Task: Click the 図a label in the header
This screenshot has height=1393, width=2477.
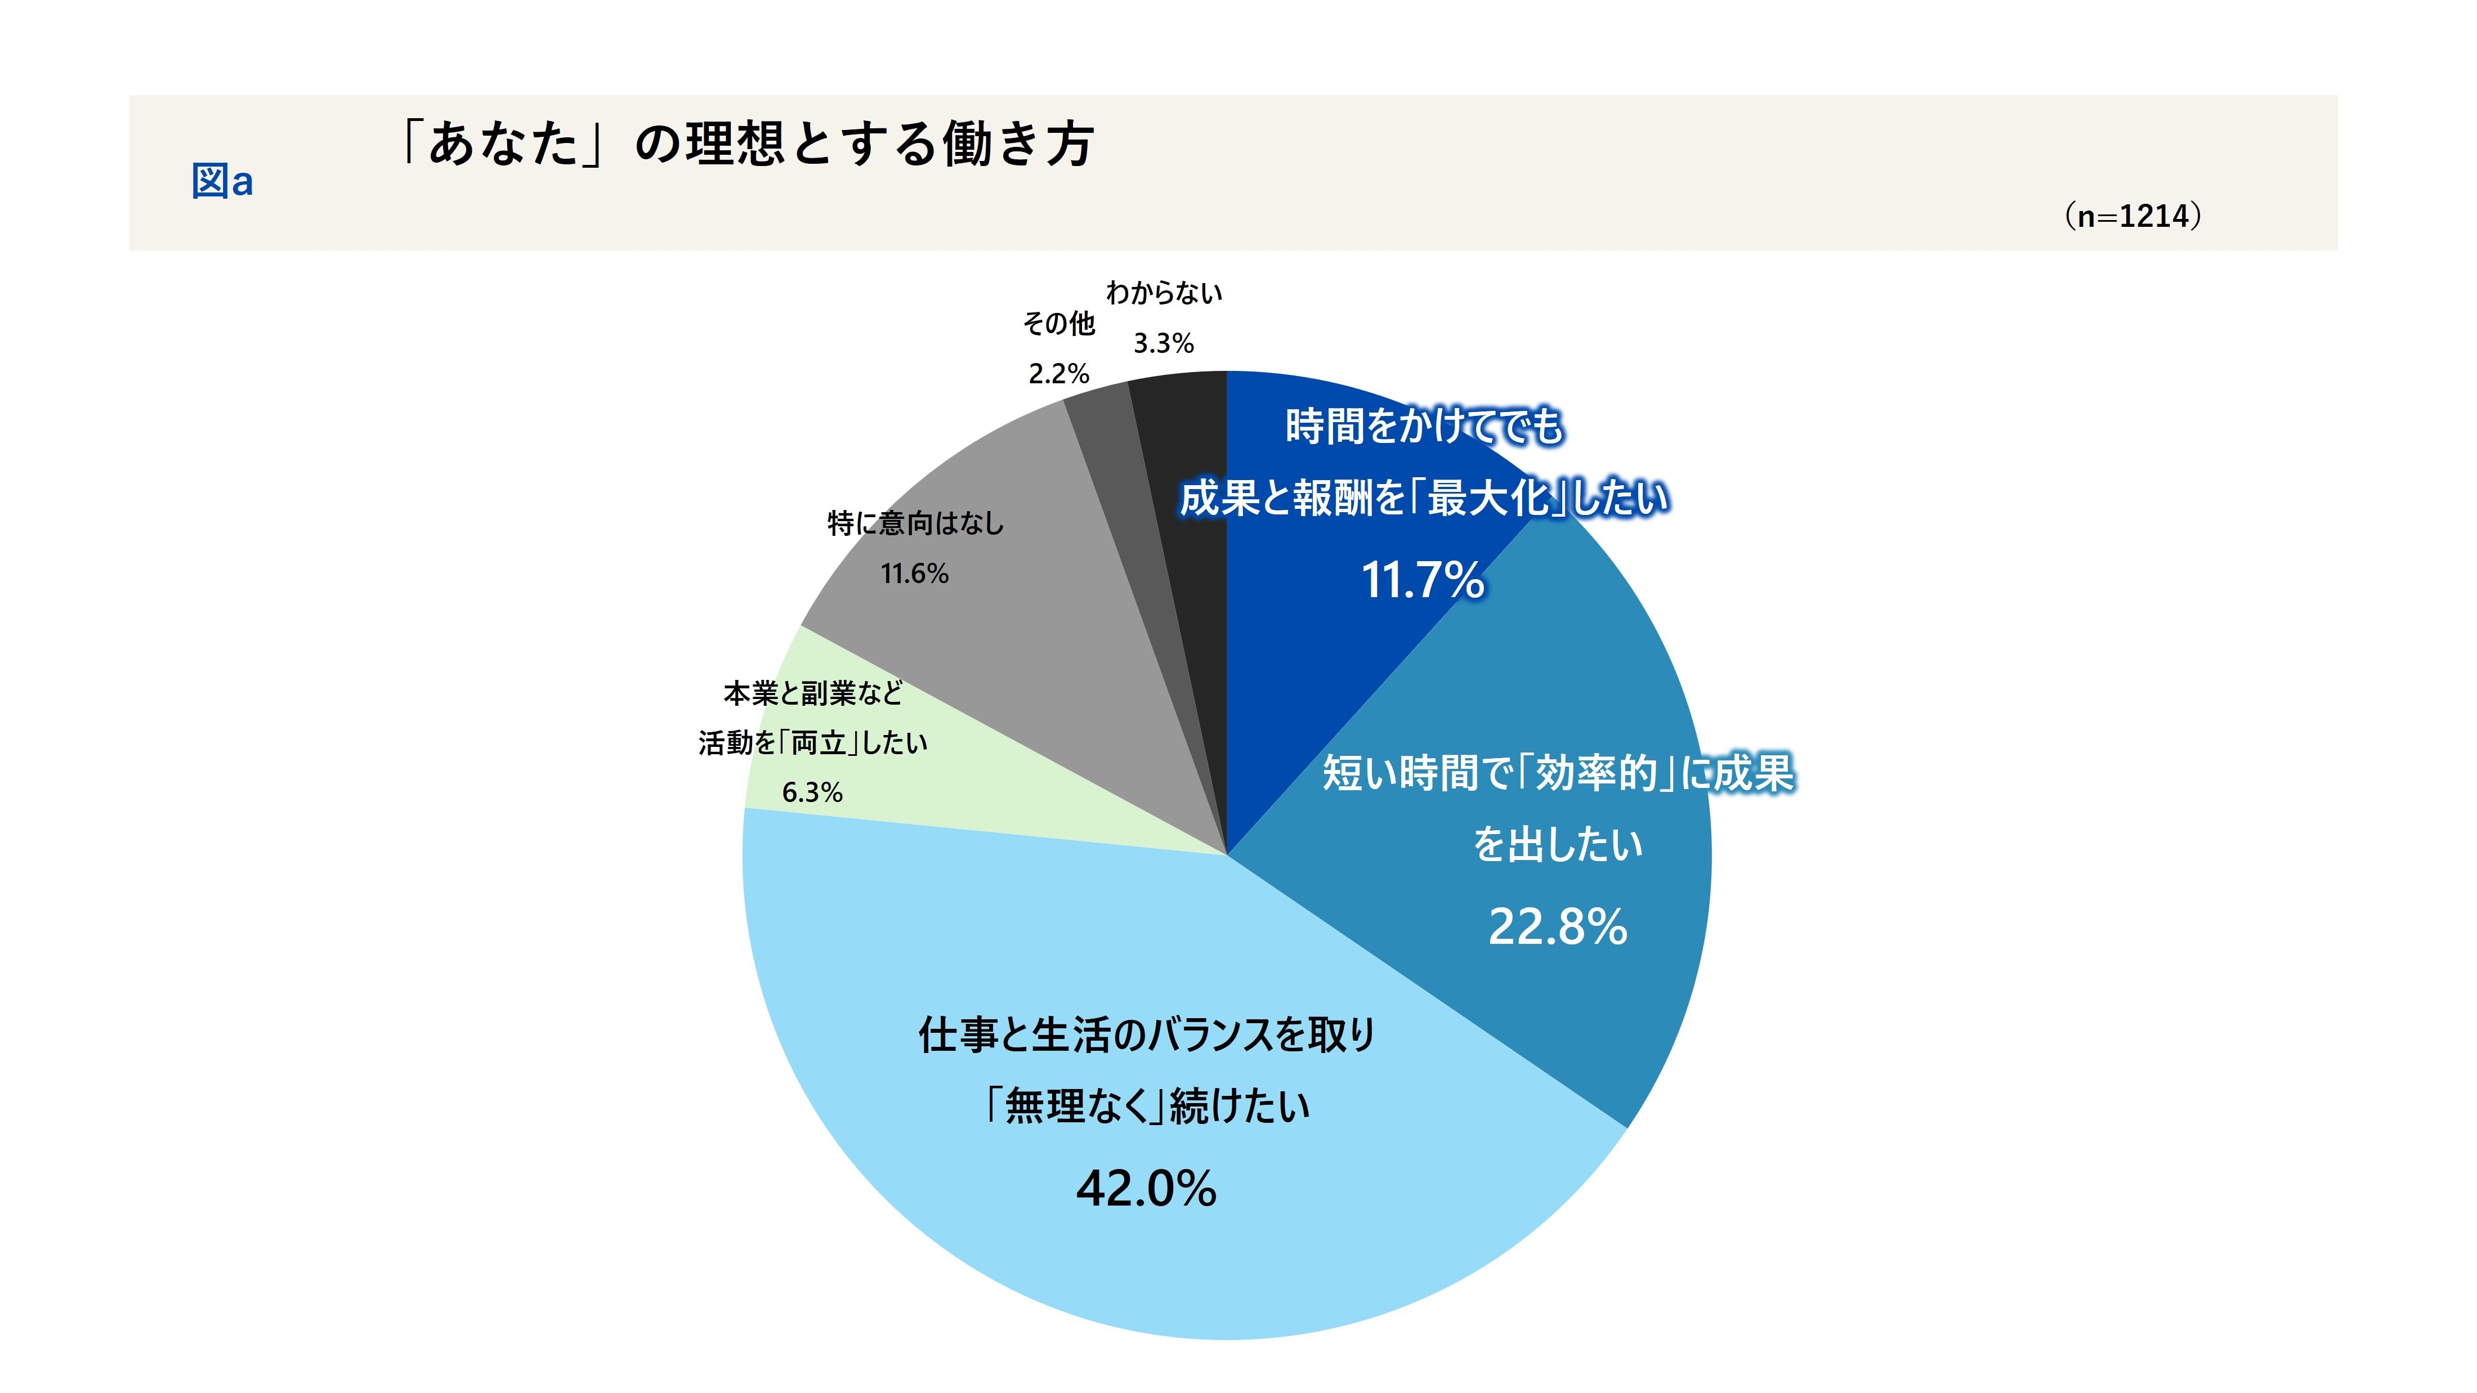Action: point(222,181)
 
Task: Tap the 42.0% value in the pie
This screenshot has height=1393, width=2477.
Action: point(1146,1188)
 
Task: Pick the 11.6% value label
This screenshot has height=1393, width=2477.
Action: point(914,574)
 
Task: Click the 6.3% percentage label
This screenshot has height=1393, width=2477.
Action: point(812,792)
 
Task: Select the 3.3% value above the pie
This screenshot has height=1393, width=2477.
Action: point(1164,343)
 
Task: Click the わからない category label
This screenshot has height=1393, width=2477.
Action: point(1164,293)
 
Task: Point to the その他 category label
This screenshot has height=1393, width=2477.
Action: point(1059,324)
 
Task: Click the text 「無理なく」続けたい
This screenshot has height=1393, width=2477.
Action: point(1146,1105)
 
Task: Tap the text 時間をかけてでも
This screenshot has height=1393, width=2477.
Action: point(1424,426)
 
